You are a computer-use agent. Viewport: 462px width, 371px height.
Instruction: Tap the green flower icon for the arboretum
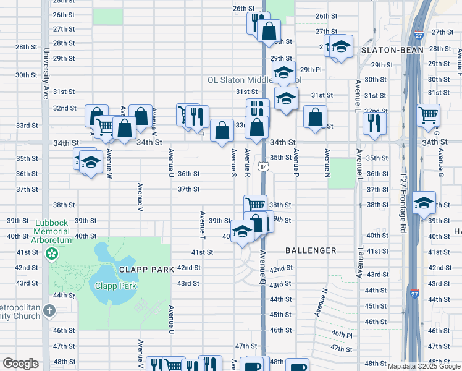tap(51, 254)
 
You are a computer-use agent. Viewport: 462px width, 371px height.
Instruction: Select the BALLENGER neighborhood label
tap(311, 250)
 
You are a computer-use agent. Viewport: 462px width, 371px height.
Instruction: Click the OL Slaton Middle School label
tap(253, 80)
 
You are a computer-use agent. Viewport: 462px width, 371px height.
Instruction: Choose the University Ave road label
tap(46, 80)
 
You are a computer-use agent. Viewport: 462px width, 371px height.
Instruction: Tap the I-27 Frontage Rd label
tap(403, 204)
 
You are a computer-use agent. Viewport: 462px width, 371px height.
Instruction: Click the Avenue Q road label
tap(262, 266)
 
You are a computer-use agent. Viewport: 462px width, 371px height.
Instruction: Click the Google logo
tap(20, 364)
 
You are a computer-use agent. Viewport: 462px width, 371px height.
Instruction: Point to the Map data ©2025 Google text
tap(424, 366)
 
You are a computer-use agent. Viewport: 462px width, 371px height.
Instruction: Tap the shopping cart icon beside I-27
tap(428, 114)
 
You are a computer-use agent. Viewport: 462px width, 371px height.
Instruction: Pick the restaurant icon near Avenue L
tap(374, 123)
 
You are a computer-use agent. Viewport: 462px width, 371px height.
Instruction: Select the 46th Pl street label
tap(341, 334)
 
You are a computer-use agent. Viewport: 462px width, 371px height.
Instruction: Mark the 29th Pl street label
tap(311, 70)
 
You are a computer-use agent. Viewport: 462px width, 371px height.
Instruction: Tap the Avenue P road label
tap(296, 164)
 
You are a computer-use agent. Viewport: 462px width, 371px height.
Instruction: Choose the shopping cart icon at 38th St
tap(255, 205)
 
